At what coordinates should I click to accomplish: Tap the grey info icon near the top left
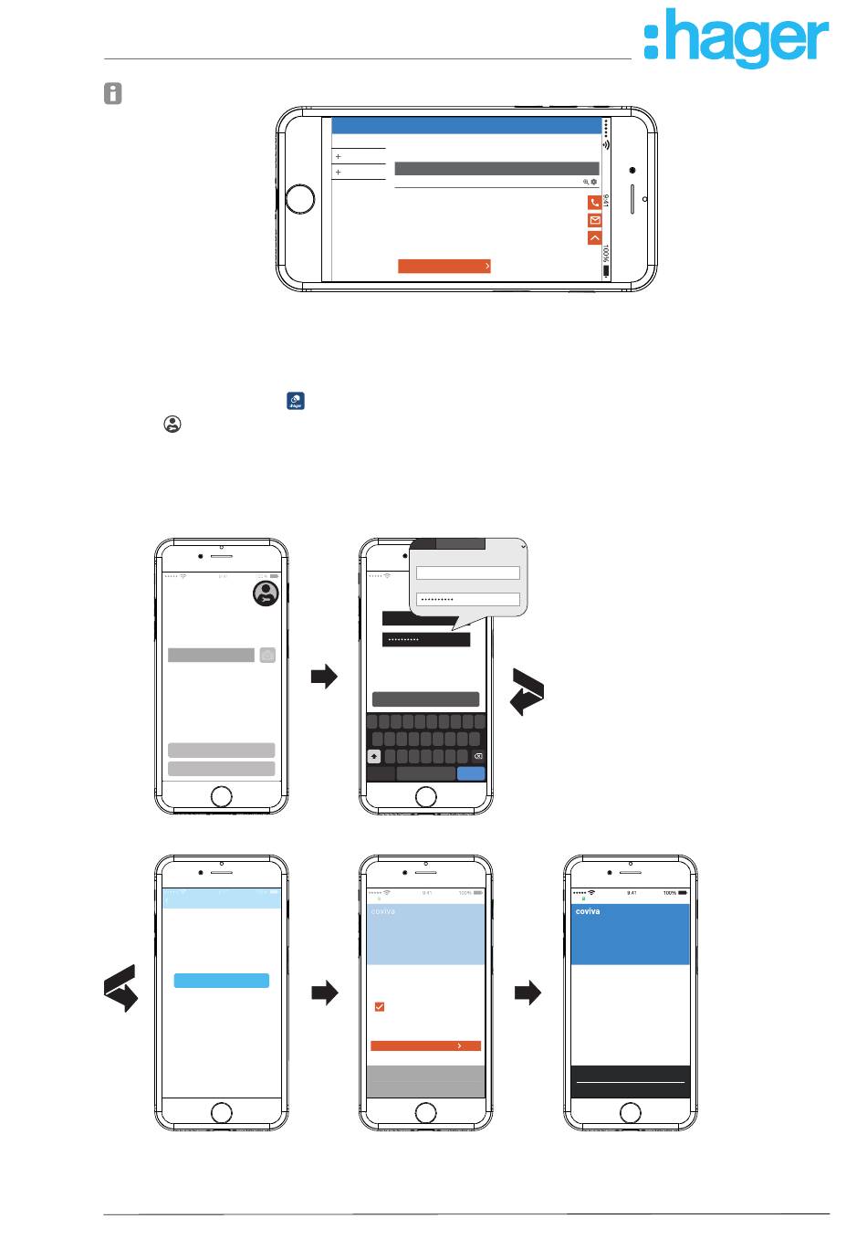pyautogui.click(x=112, y=93)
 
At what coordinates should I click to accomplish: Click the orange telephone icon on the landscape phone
pyautogui.click(x=595, y=203)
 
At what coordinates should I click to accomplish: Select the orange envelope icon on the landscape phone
pyautogui.click(x=595, y=220)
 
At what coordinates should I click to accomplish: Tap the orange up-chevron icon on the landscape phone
pyautogui.click(x=595, y=237)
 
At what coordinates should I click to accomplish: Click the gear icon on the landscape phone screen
pyautogui.click(x=594, y=182)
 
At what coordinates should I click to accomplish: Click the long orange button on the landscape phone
pyautogui.click(x=444, y=266)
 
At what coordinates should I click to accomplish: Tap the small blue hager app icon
pyautogui.click(x=296, y=401)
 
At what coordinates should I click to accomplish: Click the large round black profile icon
pyautogui.click(x=266, y=593)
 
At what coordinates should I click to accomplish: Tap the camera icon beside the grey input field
pyautogui.click(x=267, y=655)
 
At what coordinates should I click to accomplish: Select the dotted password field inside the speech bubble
pyautogui.click(x=467, y=600)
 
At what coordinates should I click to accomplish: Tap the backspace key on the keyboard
pyautogui.click(x=477, y=756)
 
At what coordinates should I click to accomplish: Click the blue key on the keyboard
pyautogui.click(x=471, y=773)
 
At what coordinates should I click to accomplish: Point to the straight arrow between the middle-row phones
pyautogui.click(x=324, y=677)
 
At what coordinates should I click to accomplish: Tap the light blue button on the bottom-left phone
pyautogui.click(x=221, y=981)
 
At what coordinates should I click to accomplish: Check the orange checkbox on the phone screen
pyautogui.click(x=380, y=1006)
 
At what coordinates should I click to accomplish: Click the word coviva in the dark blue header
pyautogui.click(x=589, y=911)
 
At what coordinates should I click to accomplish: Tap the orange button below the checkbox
pyautogui.click(x=425, y=1046)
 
